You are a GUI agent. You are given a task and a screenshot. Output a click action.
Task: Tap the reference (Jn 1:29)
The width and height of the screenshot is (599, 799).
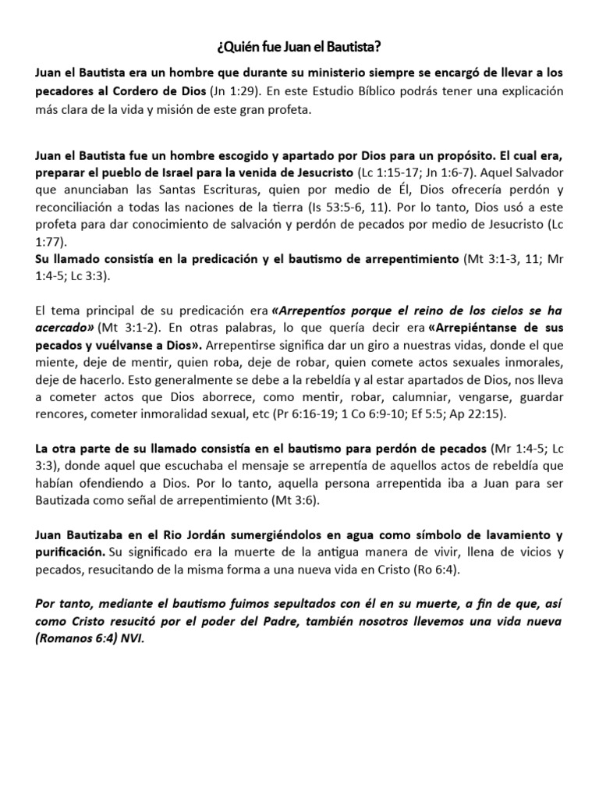234,91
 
